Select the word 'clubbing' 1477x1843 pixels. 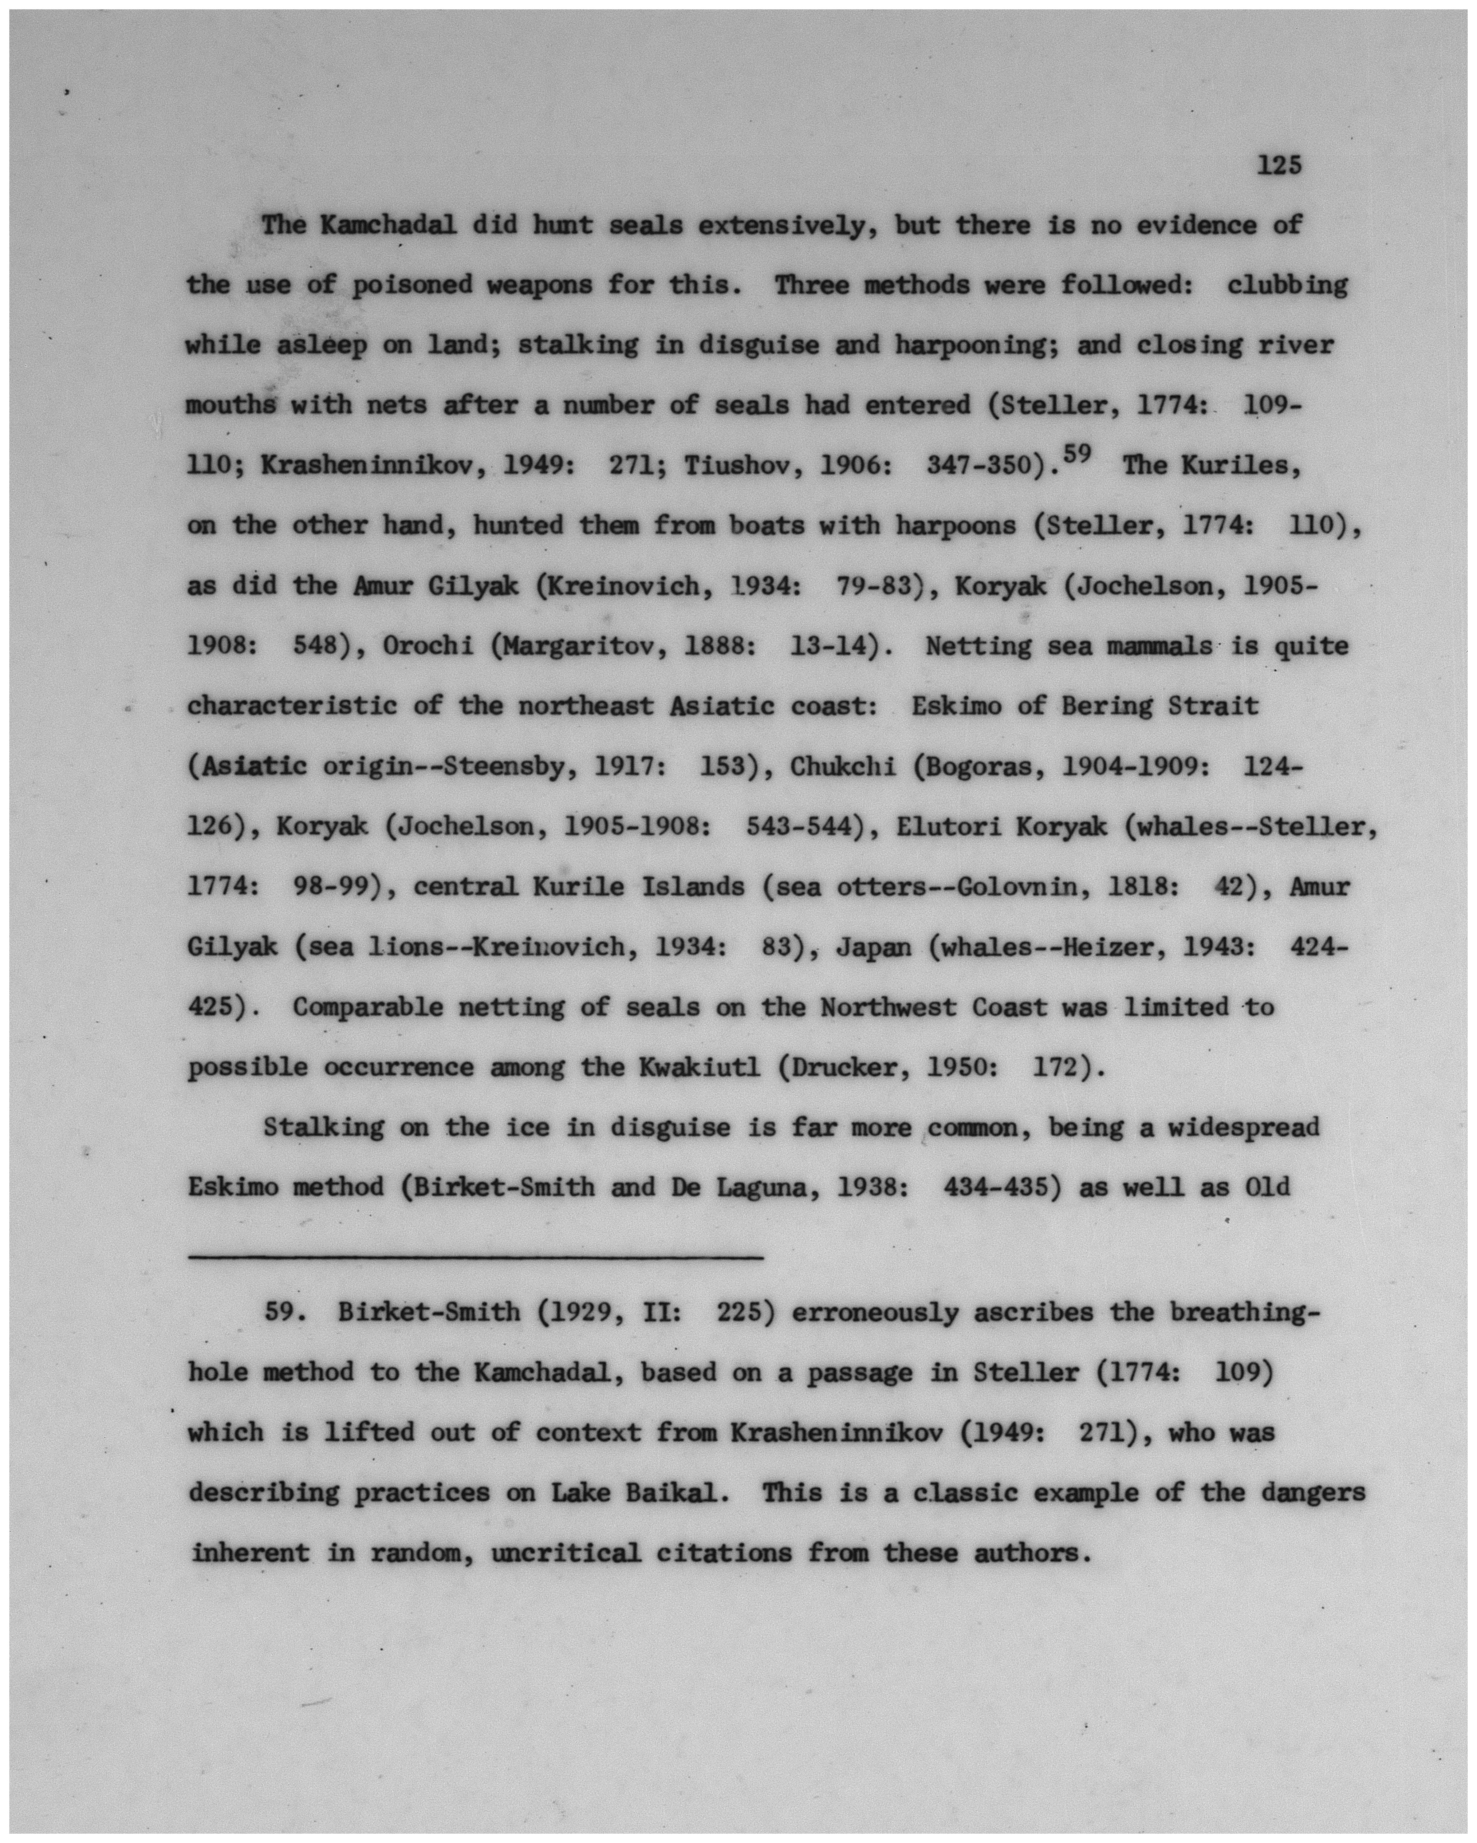[1286, 286]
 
